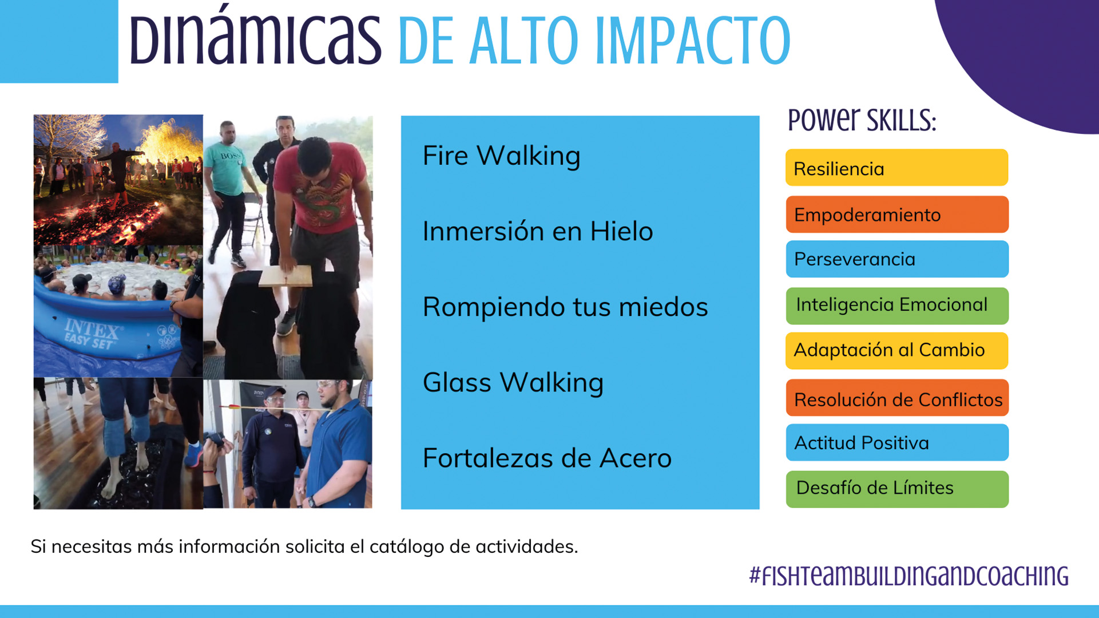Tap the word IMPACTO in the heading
pos(693,41)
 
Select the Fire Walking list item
pos(501,156)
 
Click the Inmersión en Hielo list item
pos(538,231)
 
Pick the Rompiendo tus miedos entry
pos(565,307)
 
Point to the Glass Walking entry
pos(513,382)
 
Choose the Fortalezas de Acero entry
pos(547,458)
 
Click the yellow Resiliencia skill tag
pos(896,168)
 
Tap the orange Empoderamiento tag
pos(897,215)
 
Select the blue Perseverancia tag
pos(897,259)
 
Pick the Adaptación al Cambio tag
pos(896,351)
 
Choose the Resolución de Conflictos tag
pos(897,398)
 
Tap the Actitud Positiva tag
pos(897,442)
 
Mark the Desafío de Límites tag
pos(897,489)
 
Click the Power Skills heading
pos(862,120)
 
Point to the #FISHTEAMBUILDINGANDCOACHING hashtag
pos(909,576)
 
